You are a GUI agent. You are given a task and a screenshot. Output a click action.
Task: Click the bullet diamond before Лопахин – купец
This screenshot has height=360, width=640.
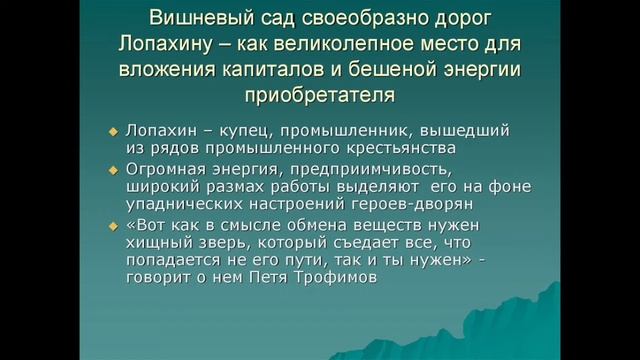click(114, 131)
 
